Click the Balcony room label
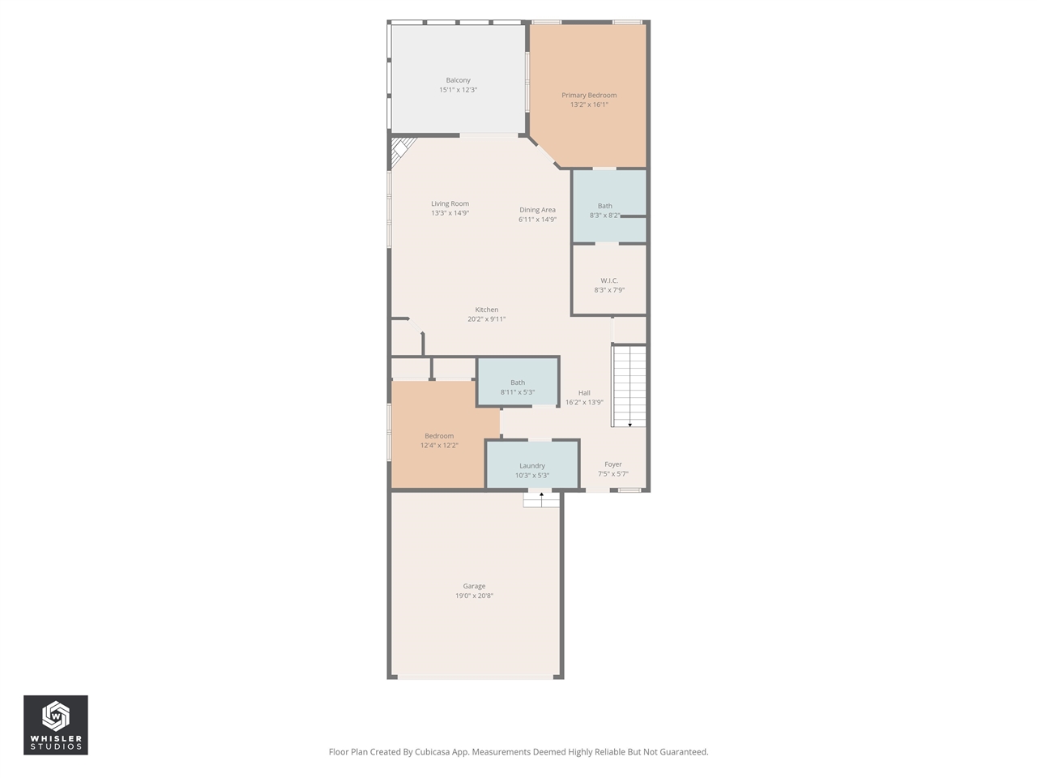point(458,80)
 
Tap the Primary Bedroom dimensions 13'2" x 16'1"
point(589,105)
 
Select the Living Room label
point(450,203)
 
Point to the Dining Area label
point(537,210)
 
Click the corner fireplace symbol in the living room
point(401,150)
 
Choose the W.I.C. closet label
point(609,280)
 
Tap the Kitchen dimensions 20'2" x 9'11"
point(486,319)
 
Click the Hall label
point(584,393)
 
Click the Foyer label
point(613,464)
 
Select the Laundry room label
point(532,466)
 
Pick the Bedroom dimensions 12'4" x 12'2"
point(439,446)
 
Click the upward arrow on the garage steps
point(541,495)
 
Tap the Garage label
point(474,586)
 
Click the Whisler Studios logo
point(56,725)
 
